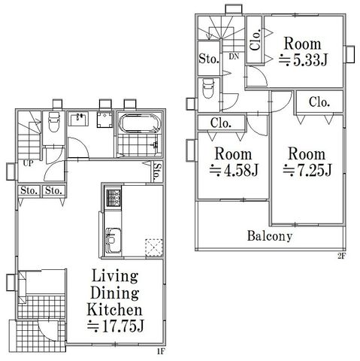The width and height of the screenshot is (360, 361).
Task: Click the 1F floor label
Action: [x=160, y=352]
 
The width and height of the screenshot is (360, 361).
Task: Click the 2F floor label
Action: [x=342, y=256]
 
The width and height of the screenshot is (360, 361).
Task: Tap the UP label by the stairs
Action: [x=28, y=163]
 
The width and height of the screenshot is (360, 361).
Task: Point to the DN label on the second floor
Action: [x=234, y=56]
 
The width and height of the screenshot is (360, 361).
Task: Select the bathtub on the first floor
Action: [x=140, y=123]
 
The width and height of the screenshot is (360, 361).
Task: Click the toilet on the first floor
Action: [x=53, y=122]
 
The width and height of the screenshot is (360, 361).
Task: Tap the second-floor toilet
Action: [x=208, y=88]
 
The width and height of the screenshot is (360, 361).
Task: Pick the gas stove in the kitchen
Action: [x=113, y=198]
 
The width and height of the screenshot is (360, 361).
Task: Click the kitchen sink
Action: [x=113, y=240]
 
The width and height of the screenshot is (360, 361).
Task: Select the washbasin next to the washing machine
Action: [x=78, y=119]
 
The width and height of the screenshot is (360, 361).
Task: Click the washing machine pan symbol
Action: [x=105, y=120]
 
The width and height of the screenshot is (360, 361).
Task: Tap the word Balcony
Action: [x=270, y=236]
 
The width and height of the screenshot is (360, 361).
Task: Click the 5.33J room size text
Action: [x=303, y=60]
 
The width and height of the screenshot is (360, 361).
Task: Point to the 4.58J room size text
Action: [x=234, y=171]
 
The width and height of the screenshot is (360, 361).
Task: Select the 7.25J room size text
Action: [x=307, y=170]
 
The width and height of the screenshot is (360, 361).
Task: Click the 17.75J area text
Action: [x=116, y=326]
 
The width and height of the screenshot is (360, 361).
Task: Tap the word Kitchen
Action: [x=114, y=310]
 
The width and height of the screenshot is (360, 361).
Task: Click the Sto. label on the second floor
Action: [x=209, y=59]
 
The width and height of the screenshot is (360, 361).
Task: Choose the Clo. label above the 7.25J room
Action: [x=319, y=102]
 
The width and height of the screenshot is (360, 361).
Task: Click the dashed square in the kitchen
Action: [x=154, y=247]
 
